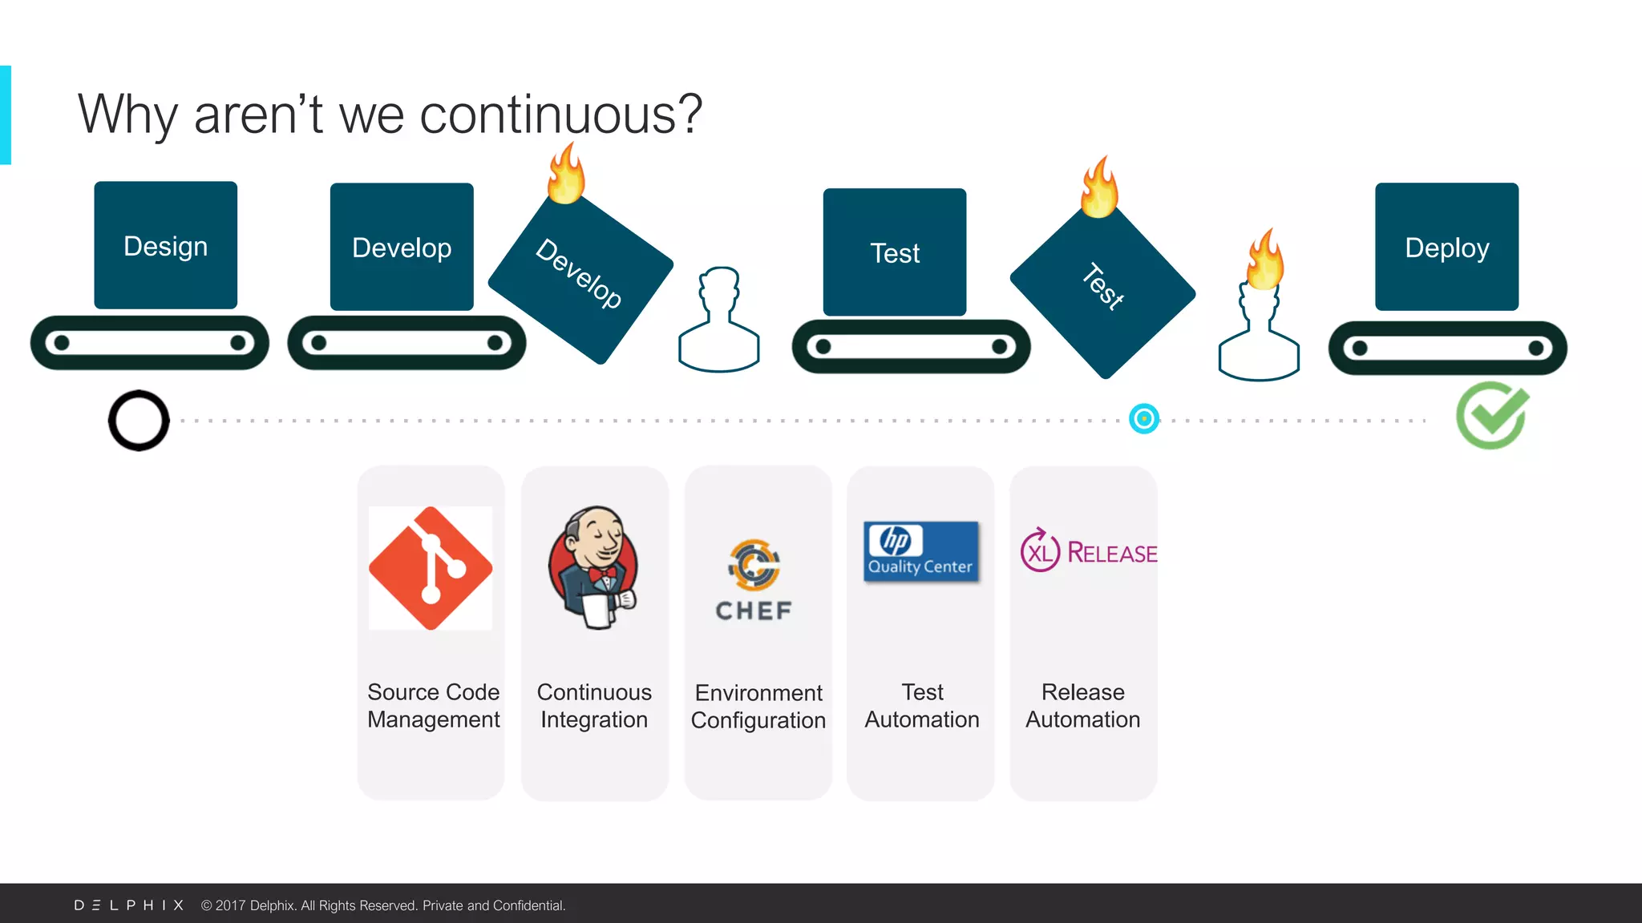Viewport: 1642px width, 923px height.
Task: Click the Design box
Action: coord(165,245)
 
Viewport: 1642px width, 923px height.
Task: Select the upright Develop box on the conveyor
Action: coord(402,247)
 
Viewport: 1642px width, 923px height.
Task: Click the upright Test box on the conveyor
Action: coord(895,252)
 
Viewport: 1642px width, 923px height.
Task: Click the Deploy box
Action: coord(1446,247)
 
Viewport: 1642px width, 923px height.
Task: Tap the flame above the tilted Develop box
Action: coord(566,174)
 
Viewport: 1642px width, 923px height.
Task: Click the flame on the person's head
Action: coord(1265,260)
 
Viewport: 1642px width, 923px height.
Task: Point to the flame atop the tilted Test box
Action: coord(1099,187)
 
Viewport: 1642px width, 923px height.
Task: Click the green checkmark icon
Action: coord(1492,415)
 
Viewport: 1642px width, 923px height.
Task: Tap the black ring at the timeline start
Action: coord(139,421)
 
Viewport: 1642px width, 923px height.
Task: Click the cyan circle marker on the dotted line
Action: coord(1144,418)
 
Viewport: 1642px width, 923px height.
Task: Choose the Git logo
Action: coord(431,567)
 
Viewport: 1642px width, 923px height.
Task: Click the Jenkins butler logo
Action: coord(594,566)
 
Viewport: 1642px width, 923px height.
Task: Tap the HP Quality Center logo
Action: coord(920,551)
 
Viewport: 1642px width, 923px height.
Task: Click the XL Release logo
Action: coord(1088,551)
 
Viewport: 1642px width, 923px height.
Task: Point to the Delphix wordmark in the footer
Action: coord(129,905)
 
